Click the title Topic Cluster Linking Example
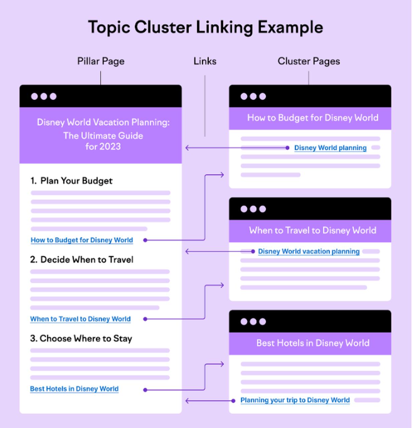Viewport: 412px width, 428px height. pos(205,27)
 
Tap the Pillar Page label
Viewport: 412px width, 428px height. pos(101,61)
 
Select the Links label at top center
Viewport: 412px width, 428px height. pos(205,61)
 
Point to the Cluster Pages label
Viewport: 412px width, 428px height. pos(308,61)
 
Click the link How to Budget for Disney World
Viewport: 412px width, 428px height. pos(82,240)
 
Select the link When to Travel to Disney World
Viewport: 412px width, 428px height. pos(80,319)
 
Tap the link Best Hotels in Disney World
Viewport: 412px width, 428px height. pos(74,389)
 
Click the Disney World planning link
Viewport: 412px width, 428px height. pos(330,148)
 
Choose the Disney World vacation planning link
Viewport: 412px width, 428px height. pos(309,251)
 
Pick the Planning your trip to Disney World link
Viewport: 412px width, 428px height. pos(295,400)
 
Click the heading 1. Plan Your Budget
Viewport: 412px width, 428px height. pos(72,181)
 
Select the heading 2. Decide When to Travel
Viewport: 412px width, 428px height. pos(82,260)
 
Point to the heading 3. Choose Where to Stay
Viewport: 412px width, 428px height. pos(81,339)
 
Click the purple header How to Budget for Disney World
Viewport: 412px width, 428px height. pos(312,118)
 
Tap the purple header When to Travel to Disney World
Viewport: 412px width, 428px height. pos(312,230)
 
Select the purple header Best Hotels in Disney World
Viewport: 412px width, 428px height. pos(312,343)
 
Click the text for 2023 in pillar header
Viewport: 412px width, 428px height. pos(103,146)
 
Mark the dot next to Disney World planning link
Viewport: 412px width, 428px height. pos(287,148)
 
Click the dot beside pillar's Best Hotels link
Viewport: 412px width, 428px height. pos(145,390)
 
